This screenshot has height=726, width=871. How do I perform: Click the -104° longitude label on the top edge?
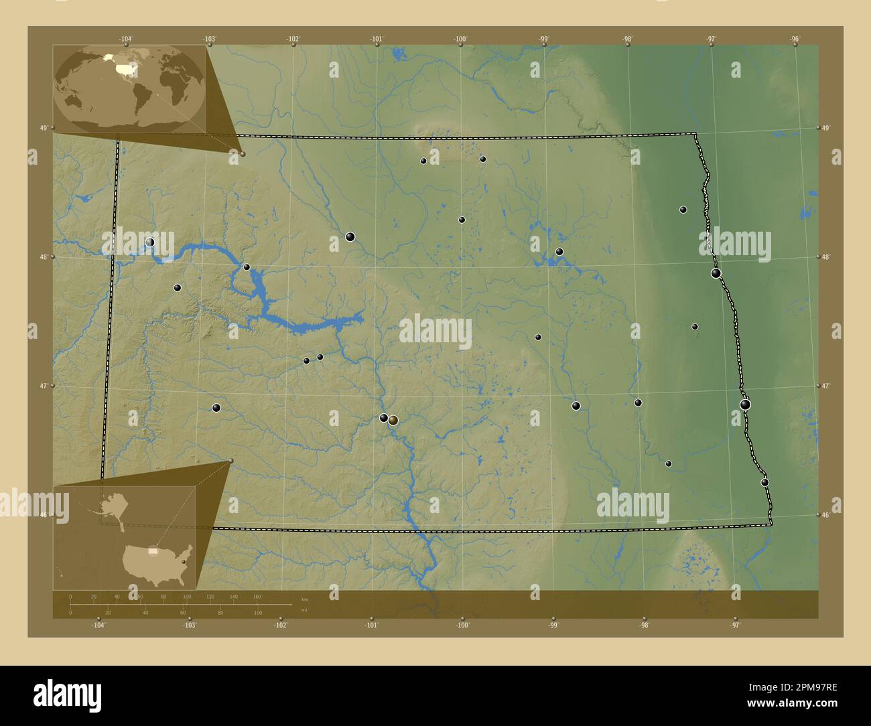(x=127, y=39)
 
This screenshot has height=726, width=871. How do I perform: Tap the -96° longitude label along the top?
(x=795, y=39)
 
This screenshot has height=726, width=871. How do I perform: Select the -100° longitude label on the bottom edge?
(x=462, y=626)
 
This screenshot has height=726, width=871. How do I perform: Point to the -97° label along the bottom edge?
(x=735, y=626)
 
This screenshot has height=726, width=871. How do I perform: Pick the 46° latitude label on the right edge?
(x=827, y=514)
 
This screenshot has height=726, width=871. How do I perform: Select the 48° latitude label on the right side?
(x=827, y=257)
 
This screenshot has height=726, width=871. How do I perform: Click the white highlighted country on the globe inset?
(x=124, y=68)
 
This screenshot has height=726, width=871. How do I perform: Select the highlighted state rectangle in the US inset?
(x=153, y=552)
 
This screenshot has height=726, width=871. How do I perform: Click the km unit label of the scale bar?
(x=305, y=599)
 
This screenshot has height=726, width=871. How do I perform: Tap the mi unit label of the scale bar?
(x=304, y=610)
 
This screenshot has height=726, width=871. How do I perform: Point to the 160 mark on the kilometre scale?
(x=257, y=596)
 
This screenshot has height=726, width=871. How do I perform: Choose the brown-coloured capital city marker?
(x=393, y=420)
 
